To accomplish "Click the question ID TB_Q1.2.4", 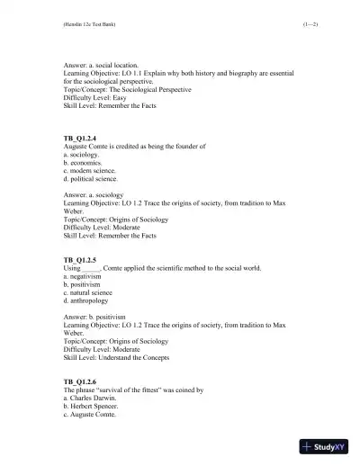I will pos(77,138).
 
